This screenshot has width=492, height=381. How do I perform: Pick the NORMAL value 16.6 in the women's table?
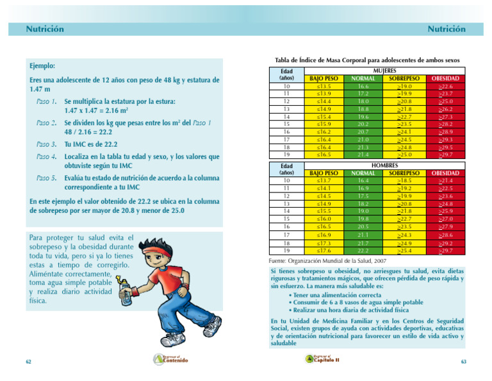tap(363, 85)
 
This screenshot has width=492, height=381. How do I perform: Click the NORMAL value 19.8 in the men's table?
tap(363, 218)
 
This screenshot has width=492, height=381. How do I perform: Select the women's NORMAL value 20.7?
tap(363, 131)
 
